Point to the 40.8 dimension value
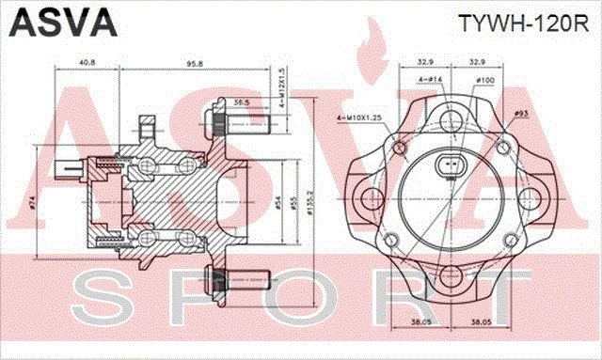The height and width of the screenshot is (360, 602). click(87, 63)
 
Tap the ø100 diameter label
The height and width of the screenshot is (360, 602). click(485, 80)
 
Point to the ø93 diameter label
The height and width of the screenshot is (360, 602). click(520, 114)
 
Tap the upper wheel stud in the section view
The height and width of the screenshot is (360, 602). click(236, 121)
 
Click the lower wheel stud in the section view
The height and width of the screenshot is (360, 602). click(236, 279)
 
